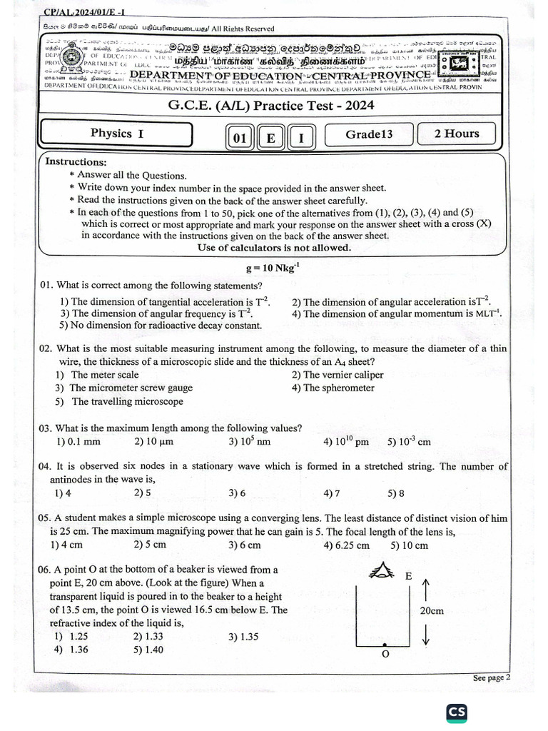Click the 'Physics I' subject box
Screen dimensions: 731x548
tap(117, 133)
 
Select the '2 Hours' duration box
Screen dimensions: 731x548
tap(457, 133)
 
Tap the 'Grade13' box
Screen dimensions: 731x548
tap(369, 134)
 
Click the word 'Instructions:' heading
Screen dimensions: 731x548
tap(76, 161)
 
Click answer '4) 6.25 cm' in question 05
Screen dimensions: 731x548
tap(346, 545)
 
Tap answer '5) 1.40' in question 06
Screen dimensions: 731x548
tap(148, 650)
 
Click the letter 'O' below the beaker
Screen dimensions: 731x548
tap(386, 655)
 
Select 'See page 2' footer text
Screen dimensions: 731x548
tap(492, 678)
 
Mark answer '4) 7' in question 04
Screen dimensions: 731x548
tap(332, 493)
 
